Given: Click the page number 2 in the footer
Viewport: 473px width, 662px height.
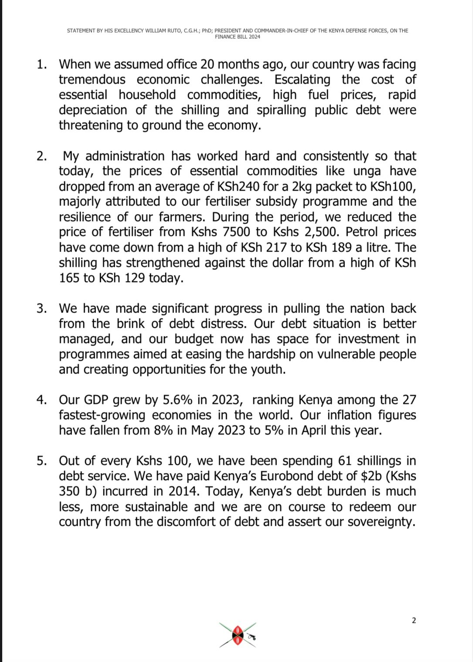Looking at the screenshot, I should pos(414,620).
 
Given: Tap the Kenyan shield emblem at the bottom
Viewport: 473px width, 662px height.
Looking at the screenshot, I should pos(238,635).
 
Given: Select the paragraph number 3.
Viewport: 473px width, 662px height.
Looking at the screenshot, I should pos(42,309).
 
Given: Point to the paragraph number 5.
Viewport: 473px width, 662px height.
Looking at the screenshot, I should pos(42,461).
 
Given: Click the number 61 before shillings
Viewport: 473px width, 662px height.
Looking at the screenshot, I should pos(345,461).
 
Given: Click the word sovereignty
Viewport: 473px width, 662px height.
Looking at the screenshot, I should pos(381,522).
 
